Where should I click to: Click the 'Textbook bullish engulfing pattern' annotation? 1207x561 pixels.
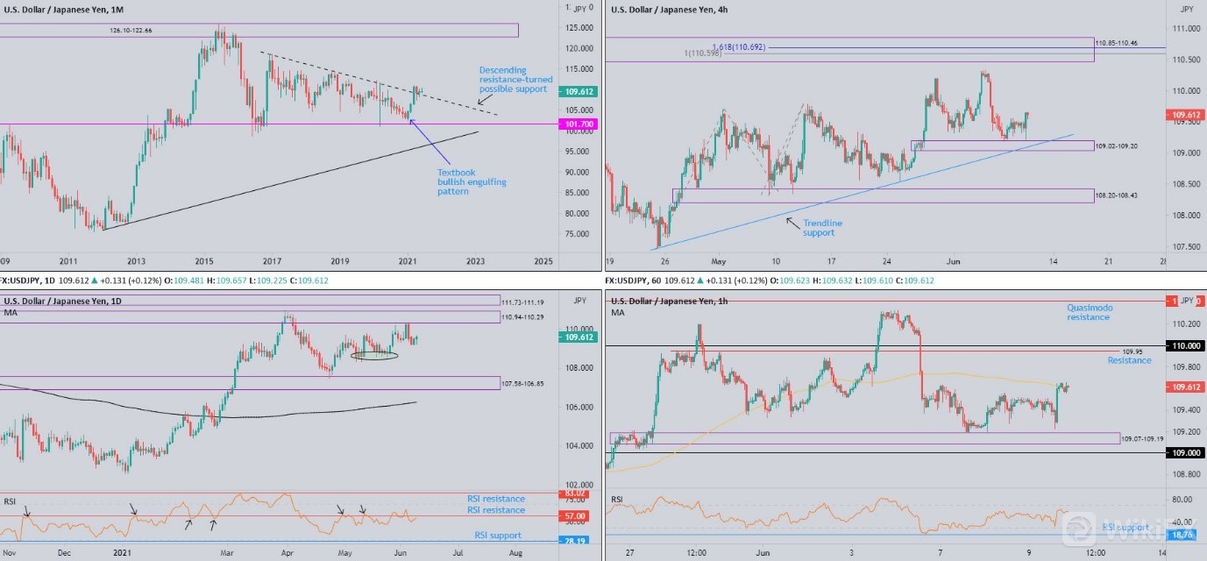472,181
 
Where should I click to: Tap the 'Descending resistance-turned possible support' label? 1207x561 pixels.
515,80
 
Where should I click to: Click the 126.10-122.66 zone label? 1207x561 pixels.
131,31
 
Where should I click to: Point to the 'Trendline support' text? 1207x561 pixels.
819,228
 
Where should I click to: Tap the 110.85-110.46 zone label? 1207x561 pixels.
1117,43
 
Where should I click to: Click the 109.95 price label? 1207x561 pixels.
1133,352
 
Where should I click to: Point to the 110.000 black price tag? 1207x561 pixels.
1186,346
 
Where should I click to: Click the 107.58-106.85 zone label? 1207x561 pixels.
522,383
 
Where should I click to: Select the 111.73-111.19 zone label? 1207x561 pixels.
522,302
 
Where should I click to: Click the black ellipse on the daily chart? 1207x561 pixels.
374,355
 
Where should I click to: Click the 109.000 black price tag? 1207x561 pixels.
1186,452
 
